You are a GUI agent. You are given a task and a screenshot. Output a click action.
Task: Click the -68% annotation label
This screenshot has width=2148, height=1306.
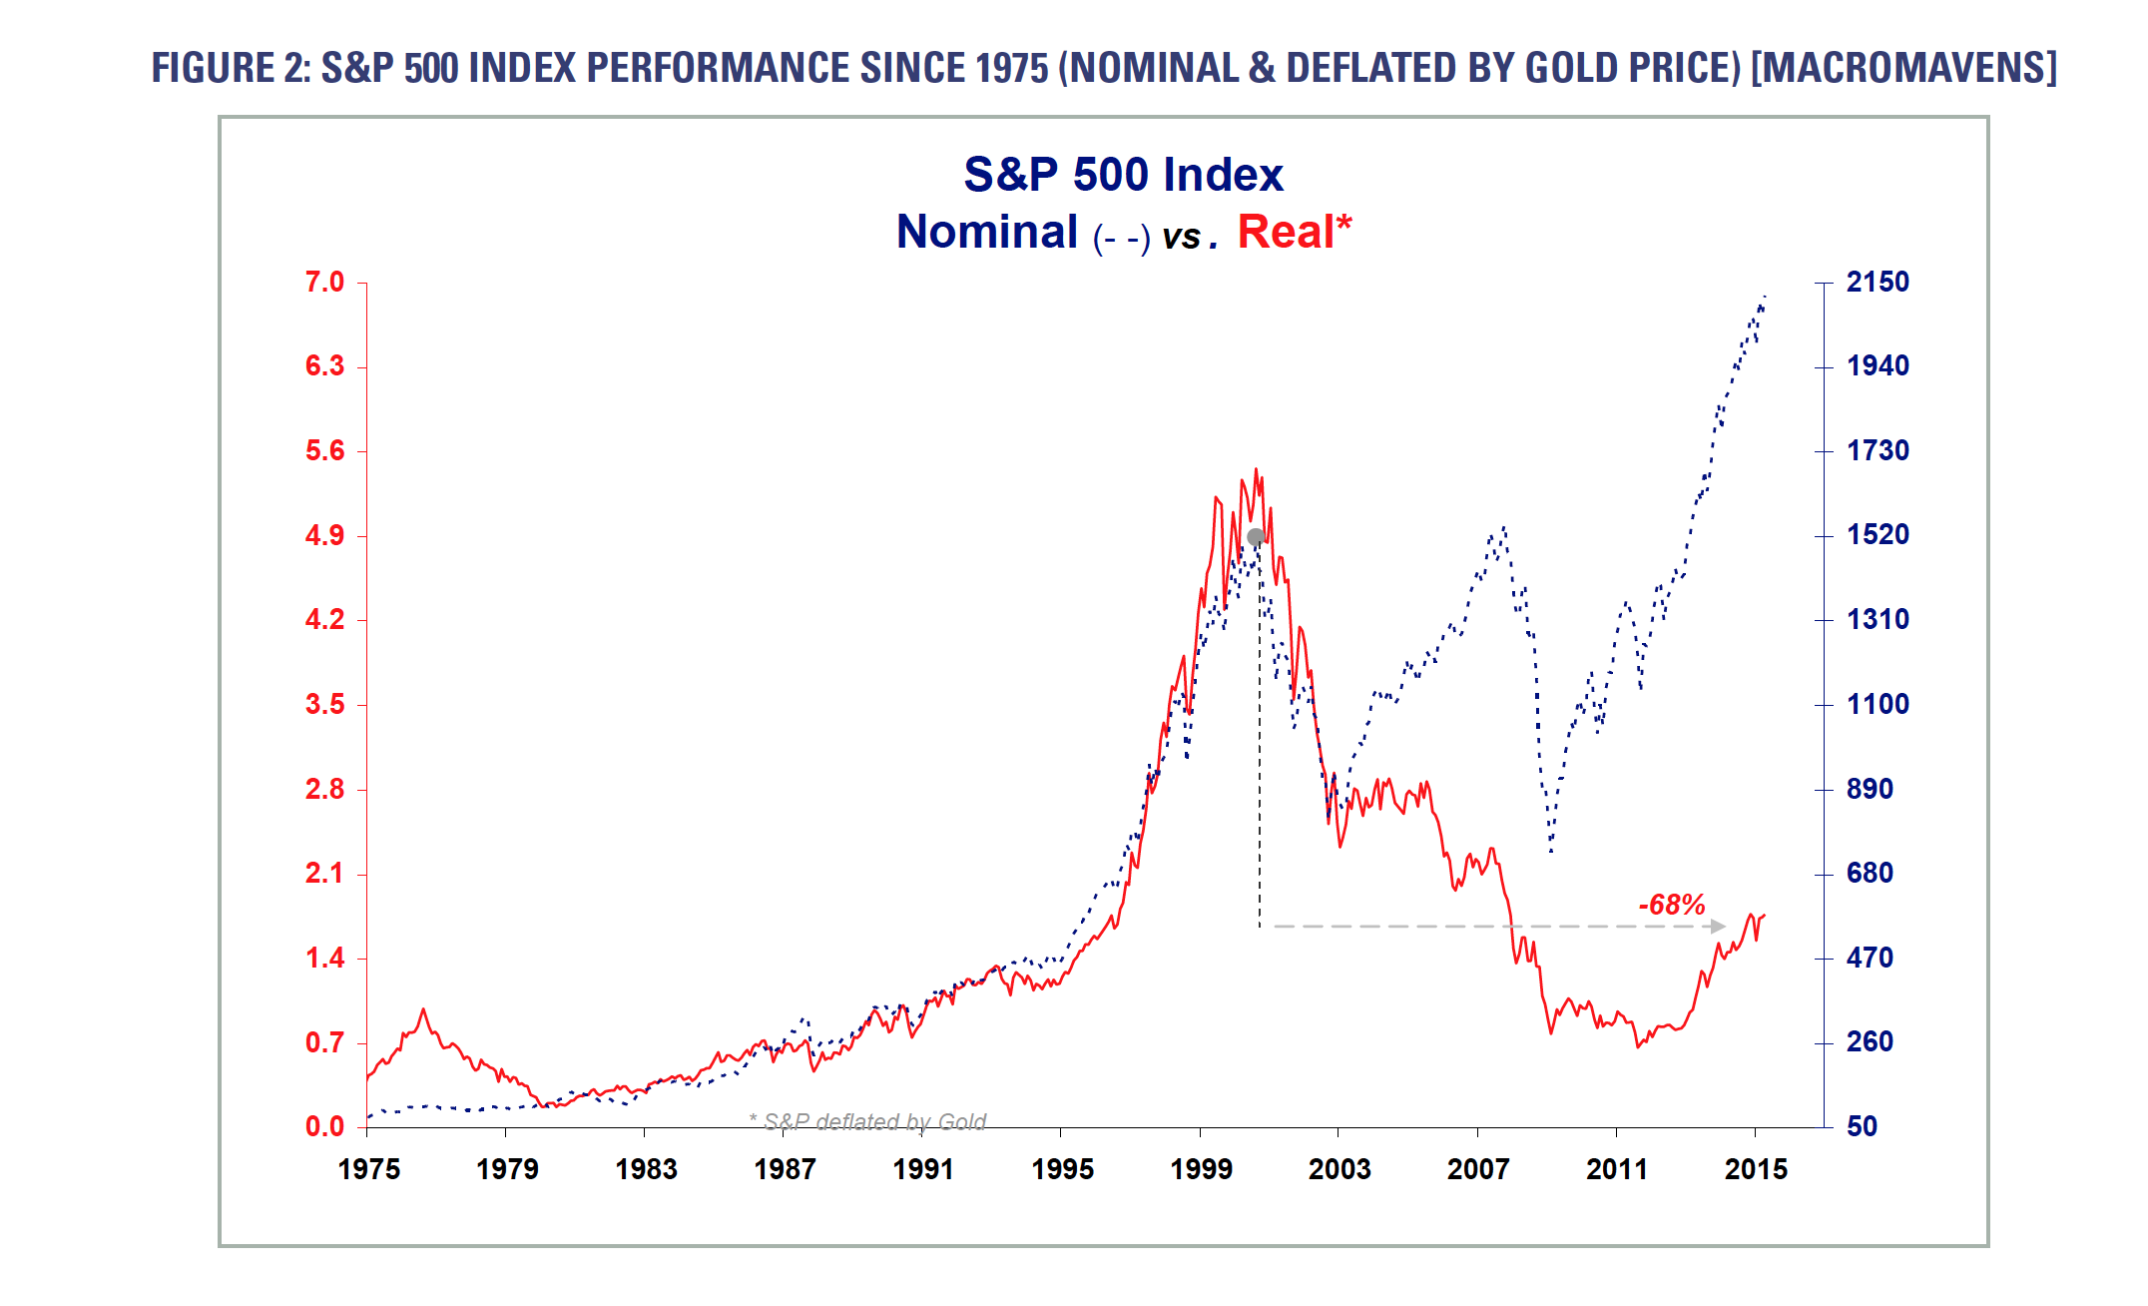(1671, 905)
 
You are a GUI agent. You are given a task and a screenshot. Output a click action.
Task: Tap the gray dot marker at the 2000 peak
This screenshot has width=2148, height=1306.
(1256, 537)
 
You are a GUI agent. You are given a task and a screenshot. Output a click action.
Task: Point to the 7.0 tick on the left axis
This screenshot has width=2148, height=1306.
(324, 283)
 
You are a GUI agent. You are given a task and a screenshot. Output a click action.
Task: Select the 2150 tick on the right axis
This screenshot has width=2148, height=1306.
(1877, 283)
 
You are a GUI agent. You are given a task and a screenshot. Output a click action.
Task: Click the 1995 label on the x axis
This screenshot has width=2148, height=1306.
(1062, 1169)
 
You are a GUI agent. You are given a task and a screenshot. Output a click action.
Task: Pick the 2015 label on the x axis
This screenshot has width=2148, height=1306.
(1756, 1169)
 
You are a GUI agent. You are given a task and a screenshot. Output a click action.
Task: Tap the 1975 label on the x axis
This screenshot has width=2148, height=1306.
(368, 1169)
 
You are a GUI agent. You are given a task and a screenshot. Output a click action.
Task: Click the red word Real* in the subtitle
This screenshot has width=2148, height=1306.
(1294, 232)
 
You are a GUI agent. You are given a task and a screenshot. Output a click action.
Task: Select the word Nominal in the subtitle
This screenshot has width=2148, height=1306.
(987, 232)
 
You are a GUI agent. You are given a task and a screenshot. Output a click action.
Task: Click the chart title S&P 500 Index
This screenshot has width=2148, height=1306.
(1123, 175)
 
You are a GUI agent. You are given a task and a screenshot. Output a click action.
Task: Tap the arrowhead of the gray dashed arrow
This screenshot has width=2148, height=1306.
(1718, 927)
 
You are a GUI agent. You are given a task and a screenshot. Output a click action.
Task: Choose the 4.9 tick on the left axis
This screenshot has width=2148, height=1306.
(324, 536)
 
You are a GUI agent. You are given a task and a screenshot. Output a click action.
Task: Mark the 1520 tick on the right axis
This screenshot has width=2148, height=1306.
(1877, 535)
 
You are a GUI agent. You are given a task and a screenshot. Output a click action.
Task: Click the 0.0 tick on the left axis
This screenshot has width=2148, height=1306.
(324, 1127)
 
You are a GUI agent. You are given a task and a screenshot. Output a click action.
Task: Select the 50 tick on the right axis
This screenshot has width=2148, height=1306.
(1862, 1127)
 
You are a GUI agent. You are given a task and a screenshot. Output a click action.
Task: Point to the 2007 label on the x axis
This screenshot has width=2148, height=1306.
(1478, 1169)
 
